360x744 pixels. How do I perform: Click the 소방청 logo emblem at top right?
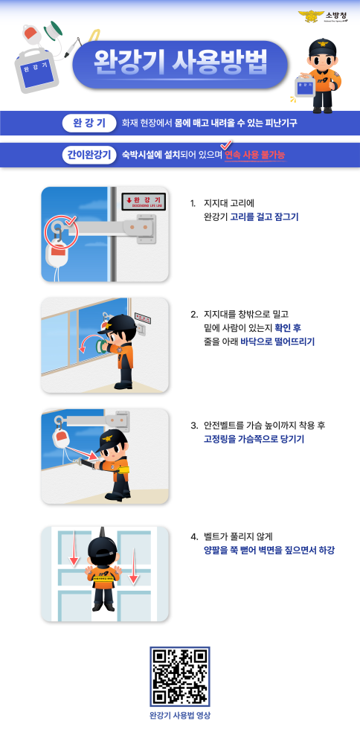point(307,16)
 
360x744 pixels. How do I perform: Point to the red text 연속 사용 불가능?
point(255,155)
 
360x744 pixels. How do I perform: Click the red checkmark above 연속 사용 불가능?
point(228,144)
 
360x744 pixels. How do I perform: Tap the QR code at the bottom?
point(180,676)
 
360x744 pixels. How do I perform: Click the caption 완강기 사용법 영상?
point(180,716)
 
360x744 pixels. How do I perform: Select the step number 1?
point(193,202)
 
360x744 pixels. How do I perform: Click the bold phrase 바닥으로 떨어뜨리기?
point(277,341)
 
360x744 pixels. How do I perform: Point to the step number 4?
point(193,536)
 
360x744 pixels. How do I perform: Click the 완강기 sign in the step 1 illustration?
point(141,202)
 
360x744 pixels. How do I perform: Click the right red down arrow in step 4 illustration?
point(134,571)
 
